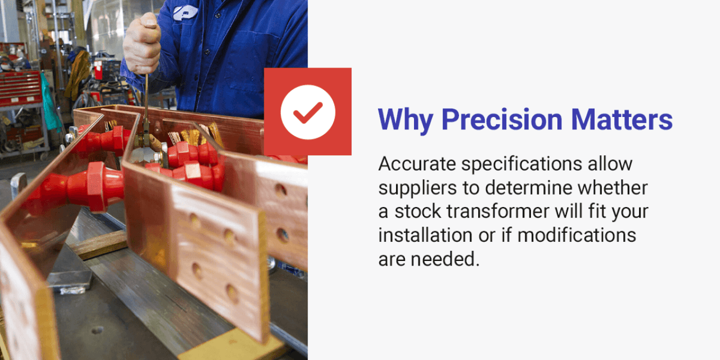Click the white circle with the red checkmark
pyautogui.click(x=308, y=112)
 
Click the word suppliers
pyautogui.click(x=416, y=188)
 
